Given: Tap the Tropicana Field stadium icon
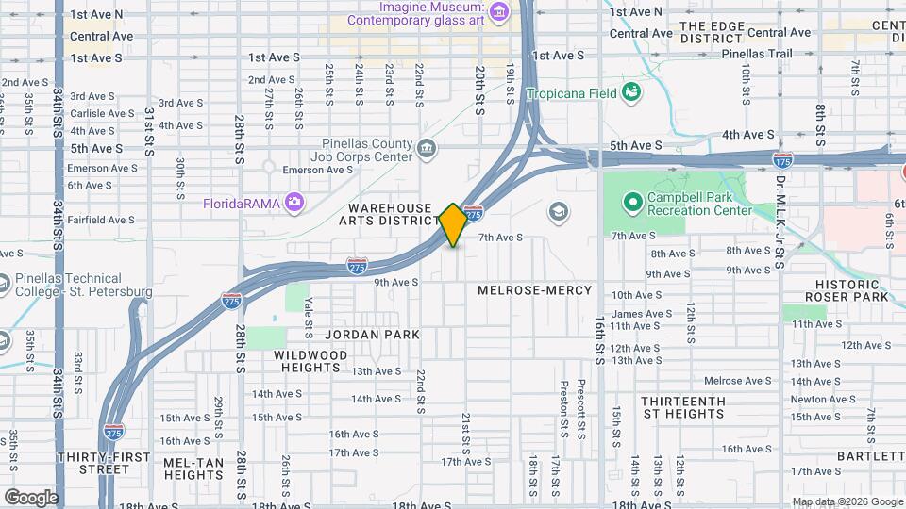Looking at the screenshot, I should pos(631,92).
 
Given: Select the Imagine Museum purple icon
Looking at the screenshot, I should pos(499,12).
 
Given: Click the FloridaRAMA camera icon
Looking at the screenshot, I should pos(295,202).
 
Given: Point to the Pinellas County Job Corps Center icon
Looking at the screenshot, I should pos(427,148).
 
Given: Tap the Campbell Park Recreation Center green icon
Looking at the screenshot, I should pos(631,202).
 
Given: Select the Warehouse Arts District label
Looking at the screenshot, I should pos(390,214).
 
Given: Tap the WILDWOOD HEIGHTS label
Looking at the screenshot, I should pos(297,361).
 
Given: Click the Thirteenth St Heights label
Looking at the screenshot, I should pos(683,407).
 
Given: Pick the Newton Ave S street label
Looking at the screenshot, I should pos(817,399).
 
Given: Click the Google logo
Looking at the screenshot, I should pos(30,498).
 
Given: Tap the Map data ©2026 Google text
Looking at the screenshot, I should pos(846,501).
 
